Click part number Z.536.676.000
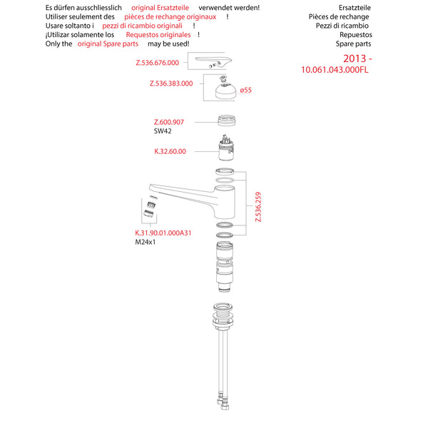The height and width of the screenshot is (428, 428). pyautogui.click(x=157, y=62)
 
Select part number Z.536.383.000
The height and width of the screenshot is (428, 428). pyautogui.click(x=171, y=83)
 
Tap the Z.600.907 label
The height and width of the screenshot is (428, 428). pyautogui.click(x=169, y=122)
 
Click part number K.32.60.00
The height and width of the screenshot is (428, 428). pyautogui.click(x=170, y=151)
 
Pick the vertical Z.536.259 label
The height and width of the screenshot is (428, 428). pyautogui.click(x=258, y=207)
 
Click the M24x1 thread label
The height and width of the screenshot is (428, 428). pyautogui.click(x=146, y=243)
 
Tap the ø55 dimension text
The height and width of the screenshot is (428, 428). pyautogui.click(x=247, y=91)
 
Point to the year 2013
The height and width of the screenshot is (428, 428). pyautogui.click(x=355, y=57)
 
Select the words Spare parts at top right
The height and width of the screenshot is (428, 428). pyautogui.click(x=354, y=44)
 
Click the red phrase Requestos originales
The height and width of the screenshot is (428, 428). pyautogui.click(x=158, y=34)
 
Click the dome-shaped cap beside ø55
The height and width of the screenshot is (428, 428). pyautogui.click(x=222, y=90)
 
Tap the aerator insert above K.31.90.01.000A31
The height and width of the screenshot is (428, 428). pyautogui.click(x=150, y=210)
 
